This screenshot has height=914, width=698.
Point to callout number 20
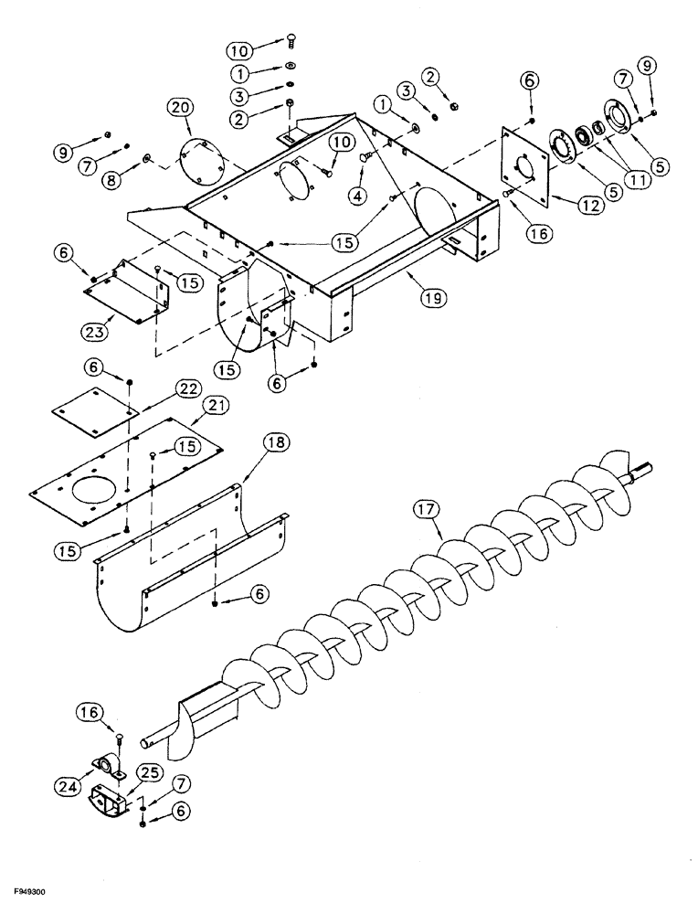pos(181,110)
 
